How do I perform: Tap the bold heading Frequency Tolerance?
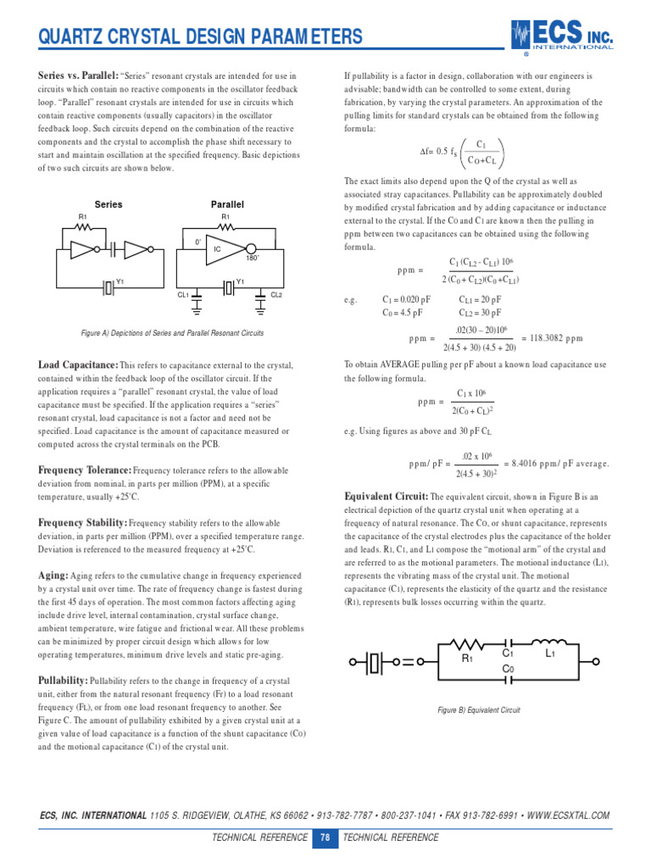pyautogui.click(x=85, y=470)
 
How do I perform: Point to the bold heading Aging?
pyautogui.click(x=53, y=575)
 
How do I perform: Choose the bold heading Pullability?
pyautogui.click(x=63, y=680)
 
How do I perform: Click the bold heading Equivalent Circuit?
pyautogui.click(x=386, y=496)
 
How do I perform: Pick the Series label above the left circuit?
pyautogui.click(x=108, y=204)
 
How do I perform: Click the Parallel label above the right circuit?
pyautogui.click(x=227, y=204)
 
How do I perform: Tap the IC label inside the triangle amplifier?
pyautogui.click(x=217, y=249)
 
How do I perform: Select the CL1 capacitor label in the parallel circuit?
pyautogui.click(x=183, y=294)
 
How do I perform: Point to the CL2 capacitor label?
pyautogui.click(x=276, y=294)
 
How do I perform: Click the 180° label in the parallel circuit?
pyautogui.click(x=252, y=257)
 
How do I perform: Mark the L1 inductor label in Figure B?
pyautogui.click(x=549, y=654)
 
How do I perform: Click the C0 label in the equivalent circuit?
pyautogui.click(x=508, y=669)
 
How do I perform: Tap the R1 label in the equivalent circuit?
pyautogui.click(x=466, y=658)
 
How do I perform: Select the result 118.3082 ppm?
pyautogui.click(x=551, y=337)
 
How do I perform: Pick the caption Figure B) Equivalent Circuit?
pyautogui.click(x=479, y=709)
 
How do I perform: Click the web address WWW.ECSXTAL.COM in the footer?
pyautogui.click(x=568, y=815)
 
